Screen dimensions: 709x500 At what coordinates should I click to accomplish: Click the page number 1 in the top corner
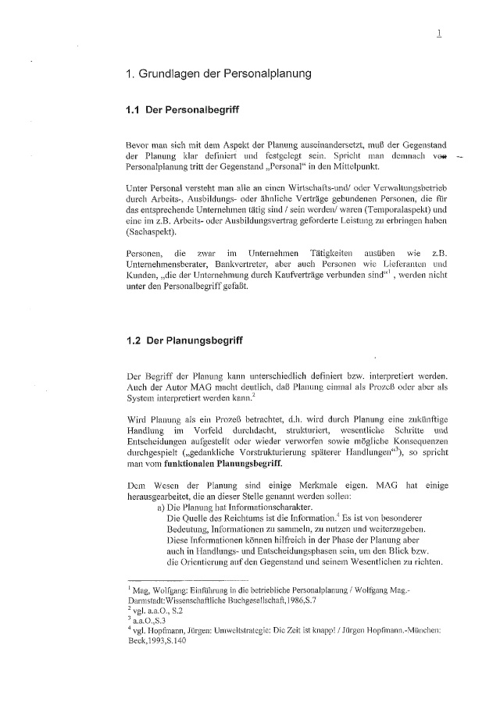tap(440, 33)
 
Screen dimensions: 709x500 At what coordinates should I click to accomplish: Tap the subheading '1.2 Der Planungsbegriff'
tap(180, 340)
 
